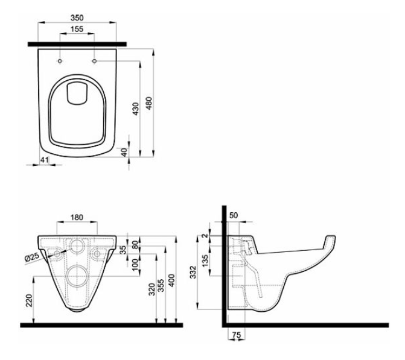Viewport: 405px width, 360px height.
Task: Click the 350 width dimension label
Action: tap(77, 18)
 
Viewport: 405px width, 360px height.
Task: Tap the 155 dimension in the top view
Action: tap(77, 29)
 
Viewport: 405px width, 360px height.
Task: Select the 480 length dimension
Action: tap(149, 104)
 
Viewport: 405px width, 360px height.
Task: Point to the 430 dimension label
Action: tap(136, 109)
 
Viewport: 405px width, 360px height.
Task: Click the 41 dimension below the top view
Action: tap(45, 160)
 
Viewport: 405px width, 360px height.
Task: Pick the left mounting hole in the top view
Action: tap(60, 61)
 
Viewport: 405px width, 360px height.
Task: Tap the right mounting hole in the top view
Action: tap(94, 61)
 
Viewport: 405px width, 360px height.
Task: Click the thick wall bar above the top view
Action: tap(77, 45)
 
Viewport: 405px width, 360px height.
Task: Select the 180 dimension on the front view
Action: tap(77, 217)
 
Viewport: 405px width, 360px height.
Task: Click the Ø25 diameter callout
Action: tap(32, 257)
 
